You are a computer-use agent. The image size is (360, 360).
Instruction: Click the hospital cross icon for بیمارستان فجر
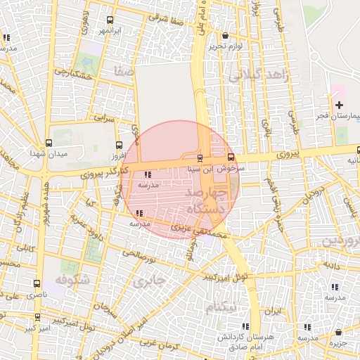click(x=339, y=104)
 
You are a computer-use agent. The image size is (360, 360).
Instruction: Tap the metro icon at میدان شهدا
click(x=48, y=143)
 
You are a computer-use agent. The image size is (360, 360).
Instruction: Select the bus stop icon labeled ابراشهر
click(x=109, y=20)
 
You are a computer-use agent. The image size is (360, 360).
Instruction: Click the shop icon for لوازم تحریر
click(x=225, y=35)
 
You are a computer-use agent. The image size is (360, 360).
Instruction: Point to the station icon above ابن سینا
click(x=200, y=157)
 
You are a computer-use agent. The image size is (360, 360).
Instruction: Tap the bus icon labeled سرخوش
click(x=231, y=157)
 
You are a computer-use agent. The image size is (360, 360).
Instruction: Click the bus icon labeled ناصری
click(x=37, y=283)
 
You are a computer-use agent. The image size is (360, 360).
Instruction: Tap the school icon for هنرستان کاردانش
click(x=245, y=326)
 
